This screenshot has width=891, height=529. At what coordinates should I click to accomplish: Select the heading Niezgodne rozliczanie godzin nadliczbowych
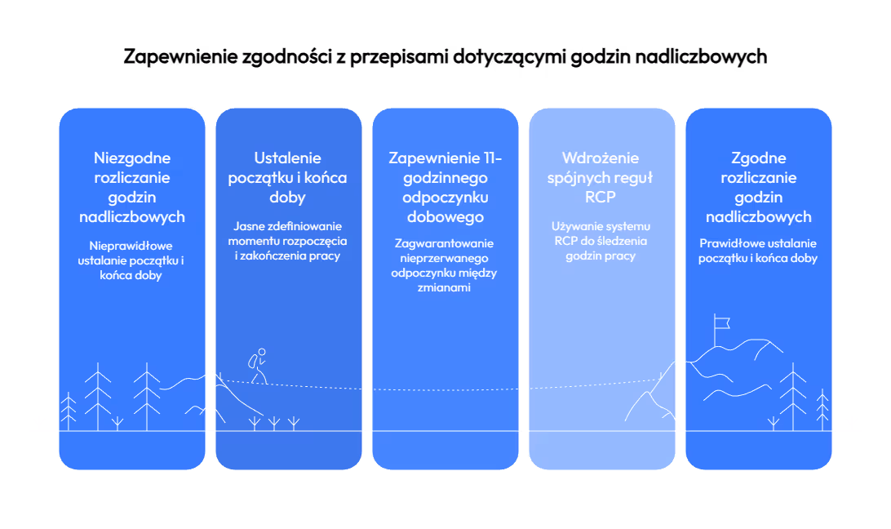(132, 187)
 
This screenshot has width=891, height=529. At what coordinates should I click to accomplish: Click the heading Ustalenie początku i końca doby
(287, 177)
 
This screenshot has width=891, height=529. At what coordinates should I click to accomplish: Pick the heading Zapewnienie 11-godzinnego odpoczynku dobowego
(445, 187)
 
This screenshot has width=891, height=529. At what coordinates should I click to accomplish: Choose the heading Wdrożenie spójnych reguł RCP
(600, 177)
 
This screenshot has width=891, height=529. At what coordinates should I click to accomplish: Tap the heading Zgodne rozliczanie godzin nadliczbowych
(758, 187)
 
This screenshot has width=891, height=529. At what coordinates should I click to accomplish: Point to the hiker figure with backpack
(258, 366)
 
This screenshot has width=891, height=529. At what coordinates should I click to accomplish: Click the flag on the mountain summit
(721, 323)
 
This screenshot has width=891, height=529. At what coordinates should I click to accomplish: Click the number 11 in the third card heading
(490, 158)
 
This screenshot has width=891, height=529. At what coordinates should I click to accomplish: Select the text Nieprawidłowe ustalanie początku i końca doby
(131, 260)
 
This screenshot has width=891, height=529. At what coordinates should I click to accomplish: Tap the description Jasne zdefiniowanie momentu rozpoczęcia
(287, 233)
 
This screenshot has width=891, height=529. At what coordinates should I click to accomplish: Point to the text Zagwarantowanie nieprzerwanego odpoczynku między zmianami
(444, 265)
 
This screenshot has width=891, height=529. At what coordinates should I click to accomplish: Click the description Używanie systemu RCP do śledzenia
(601, 233)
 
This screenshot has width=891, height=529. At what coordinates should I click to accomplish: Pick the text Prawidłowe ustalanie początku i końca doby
(758, 251)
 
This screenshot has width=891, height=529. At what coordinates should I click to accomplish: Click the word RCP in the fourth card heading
(600, 197)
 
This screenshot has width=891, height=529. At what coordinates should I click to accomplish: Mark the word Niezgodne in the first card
(132, 158)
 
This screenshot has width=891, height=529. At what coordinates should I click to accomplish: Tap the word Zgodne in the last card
(759, 158)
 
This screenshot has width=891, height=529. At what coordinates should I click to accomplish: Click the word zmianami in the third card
(444, 287)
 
